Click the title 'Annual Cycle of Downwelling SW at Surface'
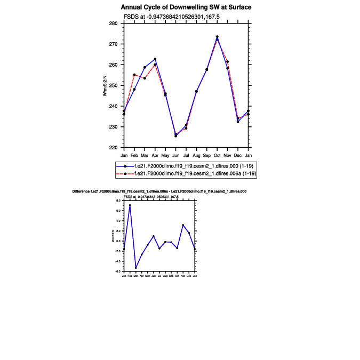186,7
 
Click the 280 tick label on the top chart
114,23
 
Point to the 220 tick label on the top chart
114,148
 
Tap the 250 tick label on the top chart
114,85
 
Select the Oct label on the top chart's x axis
217,155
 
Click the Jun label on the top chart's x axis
175,155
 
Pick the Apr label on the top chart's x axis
155,155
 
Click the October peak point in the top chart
217,37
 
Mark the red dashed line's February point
134,75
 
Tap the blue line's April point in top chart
155,59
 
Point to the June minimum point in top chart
175,135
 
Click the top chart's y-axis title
105,85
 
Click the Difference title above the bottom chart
159,190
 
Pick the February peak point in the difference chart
130,205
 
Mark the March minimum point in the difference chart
135,268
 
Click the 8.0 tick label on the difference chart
119,201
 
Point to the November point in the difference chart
183,225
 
